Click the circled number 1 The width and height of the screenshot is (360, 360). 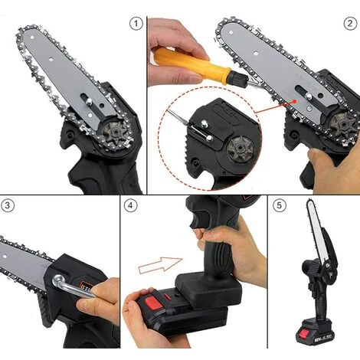[x=137, y=25]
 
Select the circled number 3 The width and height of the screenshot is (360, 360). [x=9, y=205]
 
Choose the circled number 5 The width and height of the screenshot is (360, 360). [x=278, y=205]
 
